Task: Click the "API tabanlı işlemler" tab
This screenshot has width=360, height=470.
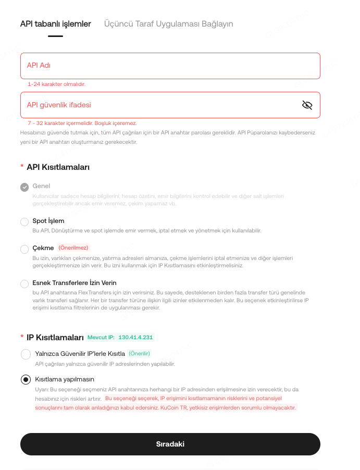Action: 55,24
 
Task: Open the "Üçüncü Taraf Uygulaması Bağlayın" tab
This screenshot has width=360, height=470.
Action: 168,24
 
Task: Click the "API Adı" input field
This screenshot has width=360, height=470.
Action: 170,66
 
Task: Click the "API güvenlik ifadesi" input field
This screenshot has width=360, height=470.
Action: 156,105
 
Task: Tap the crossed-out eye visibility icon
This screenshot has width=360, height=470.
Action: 307,105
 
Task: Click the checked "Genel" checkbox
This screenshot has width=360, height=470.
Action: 24,187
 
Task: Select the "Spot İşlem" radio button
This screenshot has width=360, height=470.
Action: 24,222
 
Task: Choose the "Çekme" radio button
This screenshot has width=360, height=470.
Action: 24,249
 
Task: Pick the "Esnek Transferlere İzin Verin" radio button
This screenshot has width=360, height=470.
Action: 24,284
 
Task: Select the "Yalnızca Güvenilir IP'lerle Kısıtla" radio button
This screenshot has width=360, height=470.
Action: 25,354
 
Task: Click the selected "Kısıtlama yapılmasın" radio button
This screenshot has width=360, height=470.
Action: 25,380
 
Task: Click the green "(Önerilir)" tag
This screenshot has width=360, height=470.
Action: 140,353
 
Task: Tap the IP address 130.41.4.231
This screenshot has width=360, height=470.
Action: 135,337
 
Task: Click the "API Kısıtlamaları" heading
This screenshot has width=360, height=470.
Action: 58,167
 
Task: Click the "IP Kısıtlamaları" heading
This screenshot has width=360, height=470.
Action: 55,337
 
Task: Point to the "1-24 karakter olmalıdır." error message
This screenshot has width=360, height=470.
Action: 57,84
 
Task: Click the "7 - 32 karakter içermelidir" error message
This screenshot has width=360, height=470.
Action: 82,123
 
